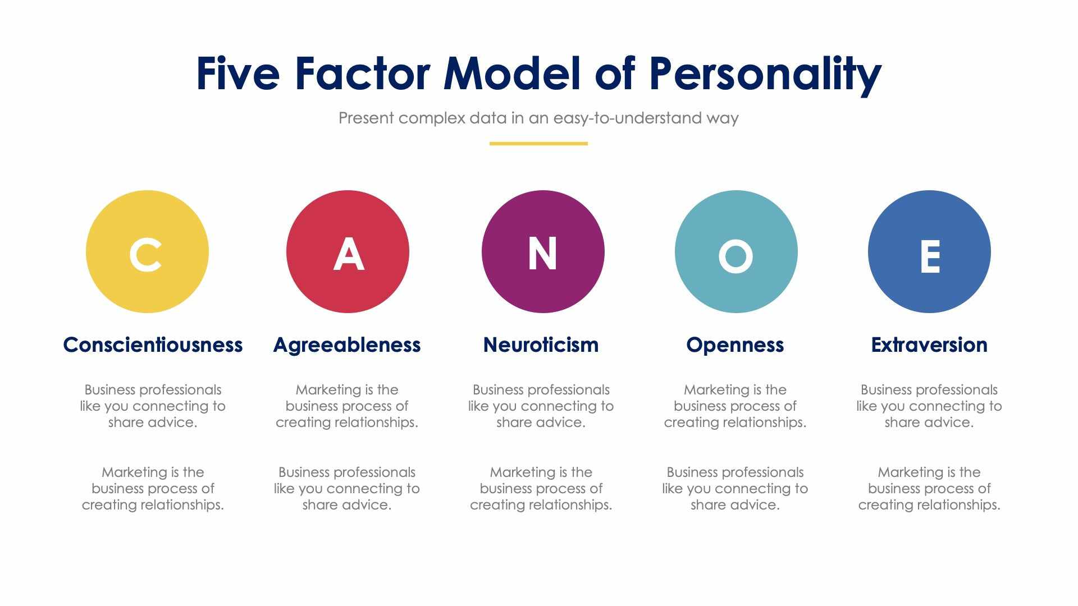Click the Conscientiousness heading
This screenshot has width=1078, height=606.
153,345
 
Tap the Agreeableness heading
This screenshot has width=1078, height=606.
347,345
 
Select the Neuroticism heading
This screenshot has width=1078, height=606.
541,345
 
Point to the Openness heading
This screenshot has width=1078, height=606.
735,345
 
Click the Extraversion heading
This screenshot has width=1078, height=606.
929,345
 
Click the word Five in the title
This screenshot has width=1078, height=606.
237,74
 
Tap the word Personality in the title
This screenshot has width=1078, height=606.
765,75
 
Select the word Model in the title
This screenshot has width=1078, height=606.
512,74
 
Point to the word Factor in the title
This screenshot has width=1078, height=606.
362,74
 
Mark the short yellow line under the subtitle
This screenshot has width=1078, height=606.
538,144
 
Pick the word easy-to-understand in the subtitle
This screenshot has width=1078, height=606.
628,118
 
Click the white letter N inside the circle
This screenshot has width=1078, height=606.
542,254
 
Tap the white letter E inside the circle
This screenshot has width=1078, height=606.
930,256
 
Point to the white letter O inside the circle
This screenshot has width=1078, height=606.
736,256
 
